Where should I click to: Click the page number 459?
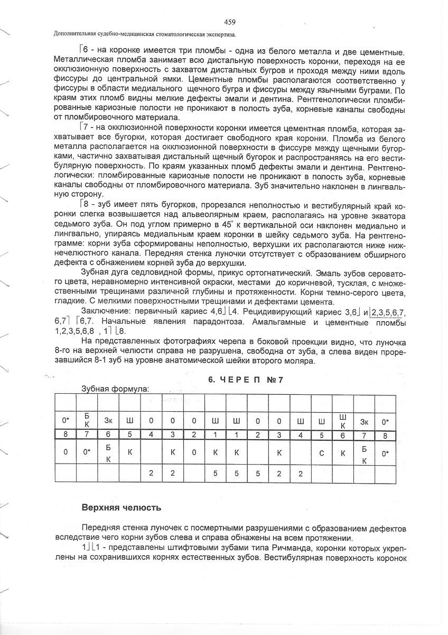point(229,22)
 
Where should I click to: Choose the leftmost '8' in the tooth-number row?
point(65,435)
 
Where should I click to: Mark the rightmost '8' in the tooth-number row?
point(385,435)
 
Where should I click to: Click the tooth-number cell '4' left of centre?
point(151,435)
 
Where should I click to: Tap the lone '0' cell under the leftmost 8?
point(65,453)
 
